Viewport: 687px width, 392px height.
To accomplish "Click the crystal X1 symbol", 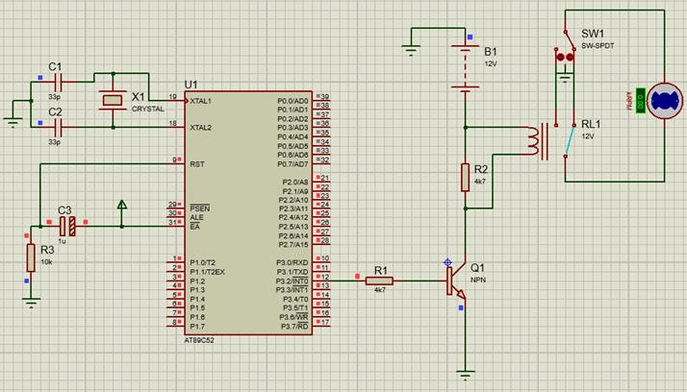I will tap(114, 99).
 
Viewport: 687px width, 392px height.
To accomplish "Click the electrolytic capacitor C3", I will tap(66, 226).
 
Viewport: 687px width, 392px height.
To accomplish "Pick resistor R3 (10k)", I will tap(31, 257).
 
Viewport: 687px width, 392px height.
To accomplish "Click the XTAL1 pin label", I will tap(202, 100).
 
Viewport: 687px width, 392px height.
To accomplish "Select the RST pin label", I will tap(196, 163).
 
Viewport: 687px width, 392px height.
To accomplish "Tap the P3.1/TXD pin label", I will tap(293, 271).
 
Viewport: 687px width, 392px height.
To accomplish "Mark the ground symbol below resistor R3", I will tap(31, 302).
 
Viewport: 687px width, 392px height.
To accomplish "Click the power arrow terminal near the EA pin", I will tap(122, 206).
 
